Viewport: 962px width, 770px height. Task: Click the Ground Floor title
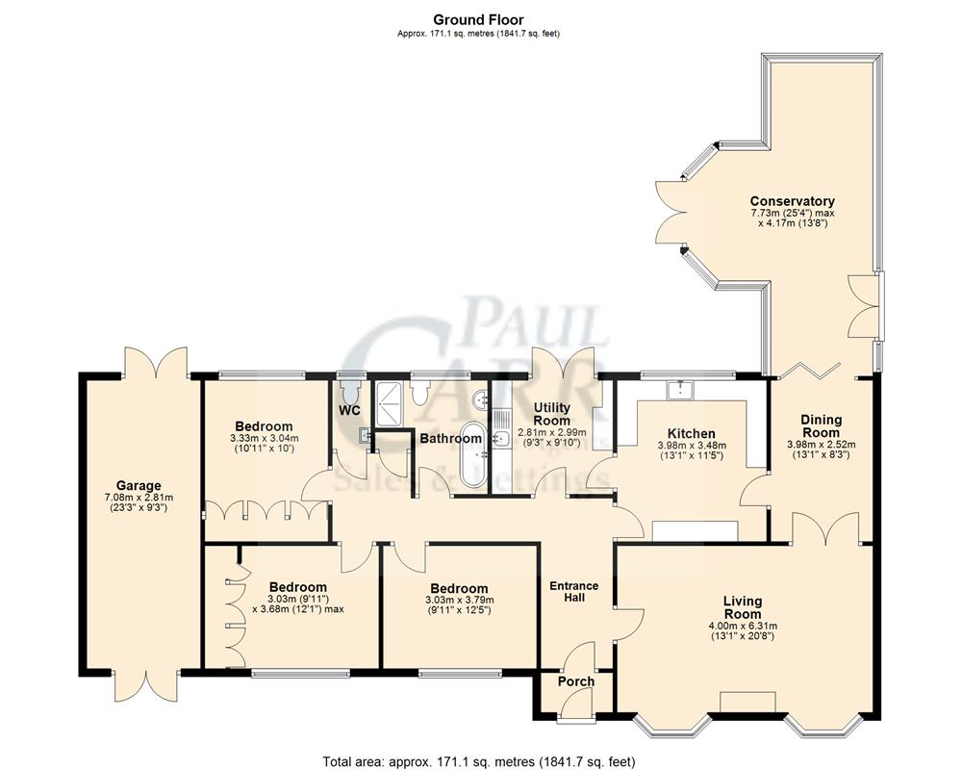click(x=478, y=19)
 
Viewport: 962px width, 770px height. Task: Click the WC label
click(x=350, y=410)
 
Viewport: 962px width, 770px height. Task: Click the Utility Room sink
click(x=500, y=440)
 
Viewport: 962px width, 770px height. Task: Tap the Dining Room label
click(x=821, y=425)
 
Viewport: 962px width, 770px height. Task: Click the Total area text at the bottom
click(x=478, y=760)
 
